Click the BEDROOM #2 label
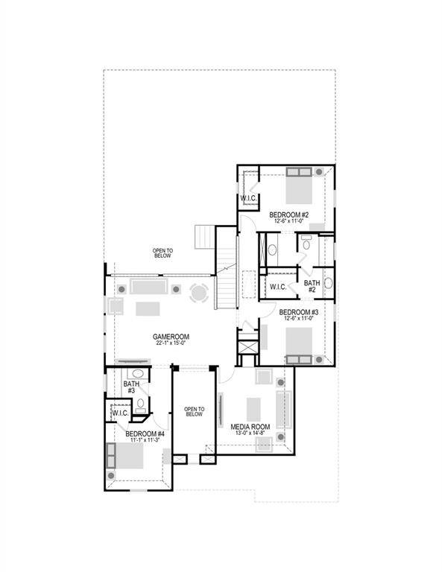click(289, 214)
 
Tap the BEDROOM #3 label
click(299, 312)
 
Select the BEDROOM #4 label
click(145, 433)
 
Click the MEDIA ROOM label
click(250, 427)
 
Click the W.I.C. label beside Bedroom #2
click(248, 198)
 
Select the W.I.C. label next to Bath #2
click(278, 287)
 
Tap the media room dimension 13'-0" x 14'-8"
click(250, 434)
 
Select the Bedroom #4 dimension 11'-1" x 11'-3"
click(145, 441)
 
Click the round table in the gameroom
click(199, 293)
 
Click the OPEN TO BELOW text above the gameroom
click(162, 252)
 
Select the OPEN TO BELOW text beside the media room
click(194, 411)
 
